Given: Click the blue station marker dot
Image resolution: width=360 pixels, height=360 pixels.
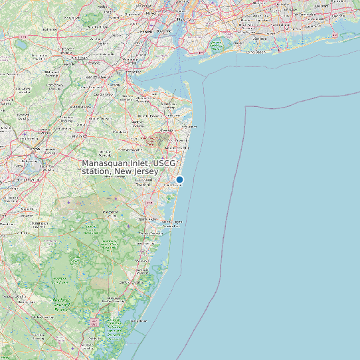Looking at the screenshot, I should click(x=179, y=179).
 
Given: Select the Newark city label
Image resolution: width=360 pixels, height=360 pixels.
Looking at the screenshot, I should click(x=147, y=31).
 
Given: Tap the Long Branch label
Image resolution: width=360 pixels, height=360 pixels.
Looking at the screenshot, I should click(x=185, y=127).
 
